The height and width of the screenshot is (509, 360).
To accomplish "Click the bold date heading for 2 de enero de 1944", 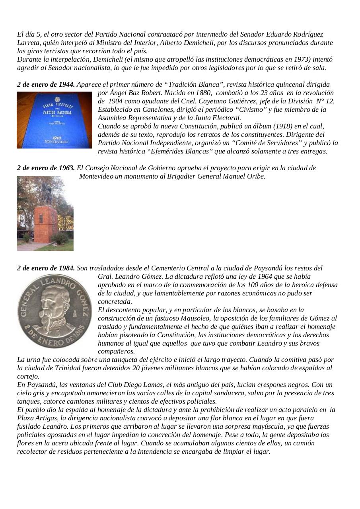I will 46,84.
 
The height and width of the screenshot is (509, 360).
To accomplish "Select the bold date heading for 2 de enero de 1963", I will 46,168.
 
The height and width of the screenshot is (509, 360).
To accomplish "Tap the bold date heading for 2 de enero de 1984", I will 46,268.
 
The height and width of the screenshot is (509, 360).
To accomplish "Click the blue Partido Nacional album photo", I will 54,120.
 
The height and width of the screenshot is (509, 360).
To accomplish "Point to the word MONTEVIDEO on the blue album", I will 57,142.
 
